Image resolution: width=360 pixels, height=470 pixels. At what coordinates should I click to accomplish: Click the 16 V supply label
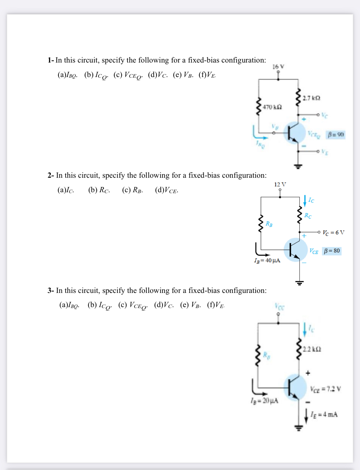[278, 67]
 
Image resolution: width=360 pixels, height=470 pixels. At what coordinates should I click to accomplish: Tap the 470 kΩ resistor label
[272, 107]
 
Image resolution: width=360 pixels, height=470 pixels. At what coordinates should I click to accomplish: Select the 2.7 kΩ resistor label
[311, 98]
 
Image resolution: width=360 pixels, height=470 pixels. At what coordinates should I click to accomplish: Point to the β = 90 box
[335, 134]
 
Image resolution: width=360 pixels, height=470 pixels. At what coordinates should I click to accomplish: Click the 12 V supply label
[280, 184]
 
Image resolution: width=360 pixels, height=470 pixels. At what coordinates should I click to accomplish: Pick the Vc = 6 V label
[333, 233]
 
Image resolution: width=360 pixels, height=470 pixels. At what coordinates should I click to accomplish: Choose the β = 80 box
[332, 251]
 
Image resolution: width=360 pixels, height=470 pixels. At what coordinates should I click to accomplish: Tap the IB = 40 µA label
[267, 261]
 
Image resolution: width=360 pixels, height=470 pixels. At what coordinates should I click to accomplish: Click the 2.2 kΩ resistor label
[312, 349]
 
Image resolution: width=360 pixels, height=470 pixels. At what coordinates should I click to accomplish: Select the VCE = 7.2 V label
[325, 389]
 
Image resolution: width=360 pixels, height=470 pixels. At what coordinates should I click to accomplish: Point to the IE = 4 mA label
[324, 414]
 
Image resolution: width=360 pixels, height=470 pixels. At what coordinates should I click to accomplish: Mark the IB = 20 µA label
[264, 401]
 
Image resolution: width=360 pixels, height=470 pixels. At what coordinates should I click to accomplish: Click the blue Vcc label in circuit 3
[279, 306]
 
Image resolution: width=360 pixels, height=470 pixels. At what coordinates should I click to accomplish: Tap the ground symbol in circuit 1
[298, 167]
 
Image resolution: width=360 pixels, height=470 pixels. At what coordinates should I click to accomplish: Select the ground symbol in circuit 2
[299, 282]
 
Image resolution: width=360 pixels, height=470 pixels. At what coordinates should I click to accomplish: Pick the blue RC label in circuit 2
[308, 216]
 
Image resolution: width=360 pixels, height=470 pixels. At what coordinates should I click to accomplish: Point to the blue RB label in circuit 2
[269, 224]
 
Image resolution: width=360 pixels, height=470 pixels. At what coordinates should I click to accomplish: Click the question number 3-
[51, 290]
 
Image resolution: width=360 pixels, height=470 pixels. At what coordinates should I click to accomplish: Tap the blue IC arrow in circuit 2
[305, 201]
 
